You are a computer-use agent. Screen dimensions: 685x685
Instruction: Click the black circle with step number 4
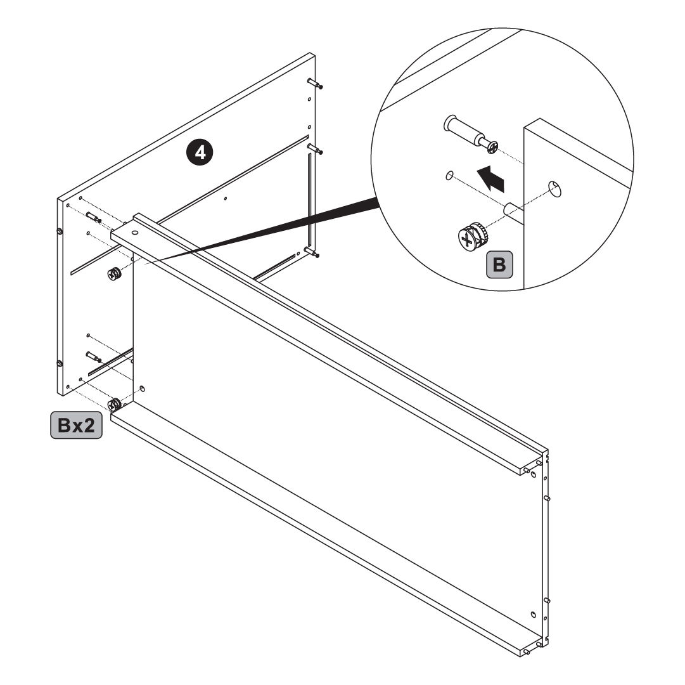[200, 153]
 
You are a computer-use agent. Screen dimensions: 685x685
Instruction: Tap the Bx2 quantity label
[77, 425]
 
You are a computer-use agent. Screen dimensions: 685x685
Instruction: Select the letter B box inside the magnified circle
[499, 264]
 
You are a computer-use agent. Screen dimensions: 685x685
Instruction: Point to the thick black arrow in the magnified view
[490, 178]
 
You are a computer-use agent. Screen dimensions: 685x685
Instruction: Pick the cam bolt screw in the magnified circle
[470, 134]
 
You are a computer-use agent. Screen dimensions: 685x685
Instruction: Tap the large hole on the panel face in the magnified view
[555, 188]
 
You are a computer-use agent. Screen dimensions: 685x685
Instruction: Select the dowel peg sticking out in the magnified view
[514, 209]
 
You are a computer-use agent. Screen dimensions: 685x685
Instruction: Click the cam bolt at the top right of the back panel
[314, 83]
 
